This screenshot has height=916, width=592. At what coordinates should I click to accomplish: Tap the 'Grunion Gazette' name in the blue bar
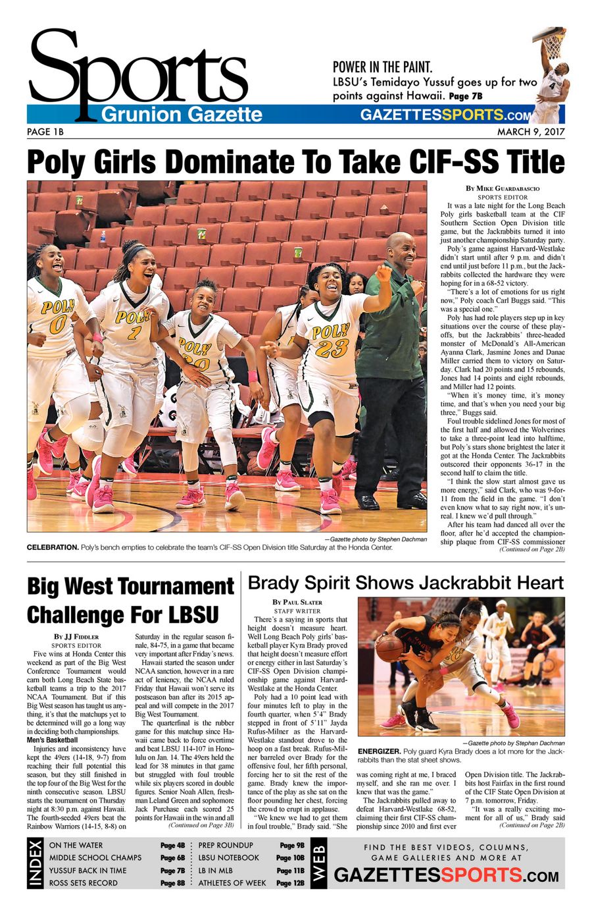[x=182, y=115]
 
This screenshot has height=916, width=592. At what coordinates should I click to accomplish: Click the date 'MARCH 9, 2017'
[x=530, y=132]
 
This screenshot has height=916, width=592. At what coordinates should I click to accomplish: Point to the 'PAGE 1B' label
[x=45, y=132]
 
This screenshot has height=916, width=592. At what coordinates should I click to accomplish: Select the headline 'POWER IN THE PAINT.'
[x=382, y=67]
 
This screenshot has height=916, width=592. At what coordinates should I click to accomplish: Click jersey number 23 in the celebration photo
[x=332, y=347]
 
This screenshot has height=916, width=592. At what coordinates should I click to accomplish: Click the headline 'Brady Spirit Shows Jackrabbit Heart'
[x=405, y=582]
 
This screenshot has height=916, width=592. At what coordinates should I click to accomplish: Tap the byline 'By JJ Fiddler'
[x=76, y=637]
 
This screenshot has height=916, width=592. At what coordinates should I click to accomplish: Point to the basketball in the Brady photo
[x=389, y=649]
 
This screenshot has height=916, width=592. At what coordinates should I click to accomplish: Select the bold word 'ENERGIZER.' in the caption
[x=379, y=751]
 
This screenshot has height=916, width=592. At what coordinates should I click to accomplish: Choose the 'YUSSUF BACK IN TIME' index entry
[x=87, y=870]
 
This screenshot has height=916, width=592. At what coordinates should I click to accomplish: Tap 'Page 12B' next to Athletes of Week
[x=290, y=882]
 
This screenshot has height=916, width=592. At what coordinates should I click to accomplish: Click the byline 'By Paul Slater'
[x=297, y=602]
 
